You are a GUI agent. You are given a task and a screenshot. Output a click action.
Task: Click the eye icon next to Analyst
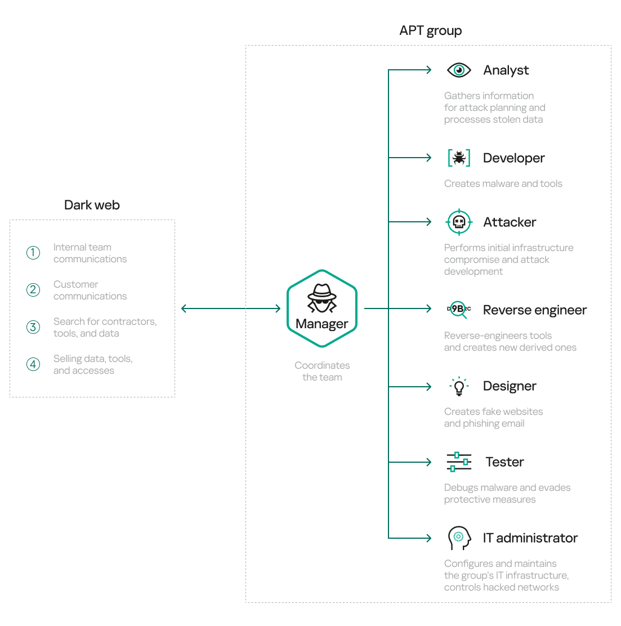(459, 70)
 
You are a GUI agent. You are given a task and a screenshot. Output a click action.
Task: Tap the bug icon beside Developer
(459, 158)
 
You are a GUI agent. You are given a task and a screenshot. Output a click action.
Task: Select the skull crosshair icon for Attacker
(459, 222)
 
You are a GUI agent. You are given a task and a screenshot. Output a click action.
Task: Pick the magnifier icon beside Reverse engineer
(459, 309)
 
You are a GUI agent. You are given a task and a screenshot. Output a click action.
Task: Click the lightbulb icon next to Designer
(459, 386)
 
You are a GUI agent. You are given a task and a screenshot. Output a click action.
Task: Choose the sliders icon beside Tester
(459, 462)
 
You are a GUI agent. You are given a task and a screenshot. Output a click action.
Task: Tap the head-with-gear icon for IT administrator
(458, 538)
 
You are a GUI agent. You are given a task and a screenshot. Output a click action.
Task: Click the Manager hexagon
(322, 308)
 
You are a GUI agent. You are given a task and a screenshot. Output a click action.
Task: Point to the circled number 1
(33, 253)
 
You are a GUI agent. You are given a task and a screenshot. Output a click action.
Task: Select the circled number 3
(33, 327)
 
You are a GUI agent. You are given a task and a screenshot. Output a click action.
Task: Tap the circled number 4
(33, 364)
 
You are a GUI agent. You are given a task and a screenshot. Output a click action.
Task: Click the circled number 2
(33, 290)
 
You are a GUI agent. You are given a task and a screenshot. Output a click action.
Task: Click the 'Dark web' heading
(92, 205)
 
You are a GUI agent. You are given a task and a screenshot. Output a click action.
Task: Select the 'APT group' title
(430, 31)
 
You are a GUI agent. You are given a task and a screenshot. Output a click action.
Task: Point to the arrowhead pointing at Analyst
(428, 70)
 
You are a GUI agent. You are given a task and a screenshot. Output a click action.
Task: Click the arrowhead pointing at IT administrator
(428, 538)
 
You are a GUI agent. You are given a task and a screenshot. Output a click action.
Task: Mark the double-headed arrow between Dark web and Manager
(231, 308)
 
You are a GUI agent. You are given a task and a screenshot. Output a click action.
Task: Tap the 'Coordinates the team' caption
(322, 372)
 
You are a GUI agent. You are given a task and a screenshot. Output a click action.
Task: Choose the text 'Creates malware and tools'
(503, 184)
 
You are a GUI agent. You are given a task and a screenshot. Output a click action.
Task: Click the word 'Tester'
(504, 462)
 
